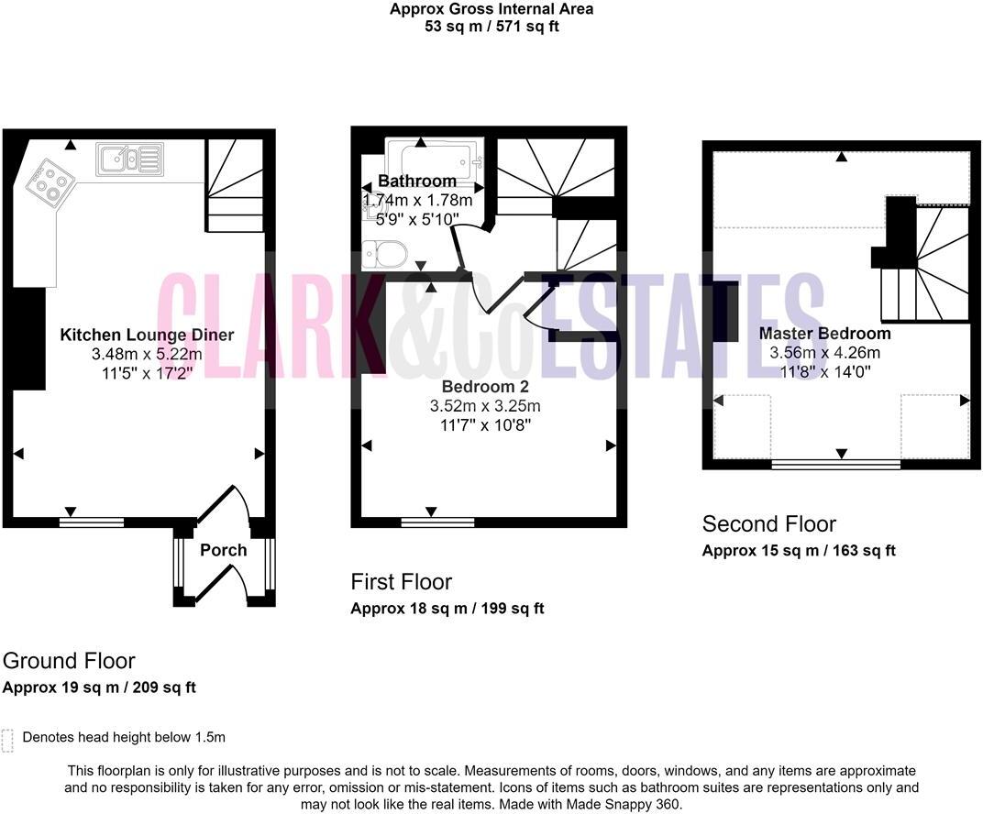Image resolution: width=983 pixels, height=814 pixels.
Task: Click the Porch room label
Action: click(224, 550)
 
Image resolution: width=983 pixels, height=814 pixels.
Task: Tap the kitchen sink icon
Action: click(129, 159)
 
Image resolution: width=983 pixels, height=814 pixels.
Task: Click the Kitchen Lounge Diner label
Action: click(147, 335)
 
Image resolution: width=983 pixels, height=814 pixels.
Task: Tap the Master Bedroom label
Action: click(824, 334)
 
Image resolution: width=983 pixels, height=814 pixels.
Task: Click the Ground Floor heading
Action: click(69, 661)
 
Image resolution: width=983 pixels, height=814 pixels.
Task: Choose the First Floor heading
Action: click(402, 582)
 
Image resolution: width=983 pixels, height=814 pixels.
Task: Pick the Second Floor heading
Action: click(768, 524)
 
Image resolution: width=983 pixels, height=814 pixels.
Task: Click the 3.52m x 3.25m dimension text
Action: click(486, 406)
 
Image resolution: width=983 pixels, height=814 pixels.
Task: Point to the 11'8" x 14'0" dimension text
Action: click(824, 372)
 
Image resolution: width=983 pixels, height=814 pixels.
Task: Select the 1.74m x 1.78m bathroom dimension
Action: click(418, 200)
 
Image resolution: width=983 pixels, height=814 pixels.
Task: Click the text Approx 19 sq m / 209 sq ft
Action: click(99, 687)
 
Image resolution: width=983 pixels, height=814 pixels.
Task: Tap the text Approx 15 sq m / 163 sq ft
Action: click(798, 551)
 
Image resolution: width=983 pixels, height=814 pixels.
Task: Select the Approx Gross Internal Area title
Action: click(491, 9)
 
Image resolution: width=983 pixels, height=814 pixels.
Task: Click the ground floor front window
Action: click(92, 522)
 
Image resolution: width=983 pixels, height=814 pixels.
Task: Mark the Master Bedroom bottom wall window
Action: click(836, 465)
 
